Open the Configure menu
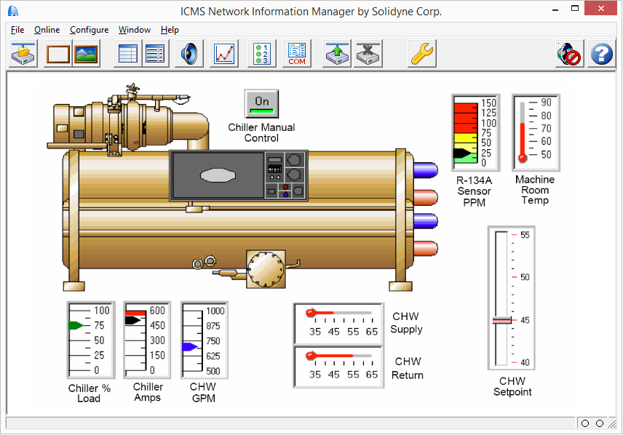coord(89,30)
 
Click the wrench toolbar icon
coord(422,55)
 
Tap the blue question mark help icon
coord(601,55)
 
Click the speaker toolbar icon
coord(189,55)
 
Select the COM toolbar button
coord(296,55)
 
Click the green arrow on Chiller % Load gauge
coord(76,326)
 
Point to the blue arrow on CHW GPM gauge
coord(189,348)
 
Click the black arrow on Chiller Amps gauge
coord(132,320)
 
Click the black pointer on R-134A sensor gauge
coord(461,153)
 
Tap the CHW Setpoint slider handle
coord(501,320)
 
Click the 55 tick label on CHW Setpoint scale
coord(524,235)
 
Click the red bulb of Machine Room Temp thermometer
coord(522,157)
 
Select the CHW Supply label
coord(406,323)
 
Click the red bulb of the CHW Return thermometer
coord(311,356)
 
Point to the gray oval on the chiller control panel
coord(219,176)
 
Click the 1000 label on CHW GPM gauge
coord(215,311)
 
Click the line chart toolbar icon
coord(225,55)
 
